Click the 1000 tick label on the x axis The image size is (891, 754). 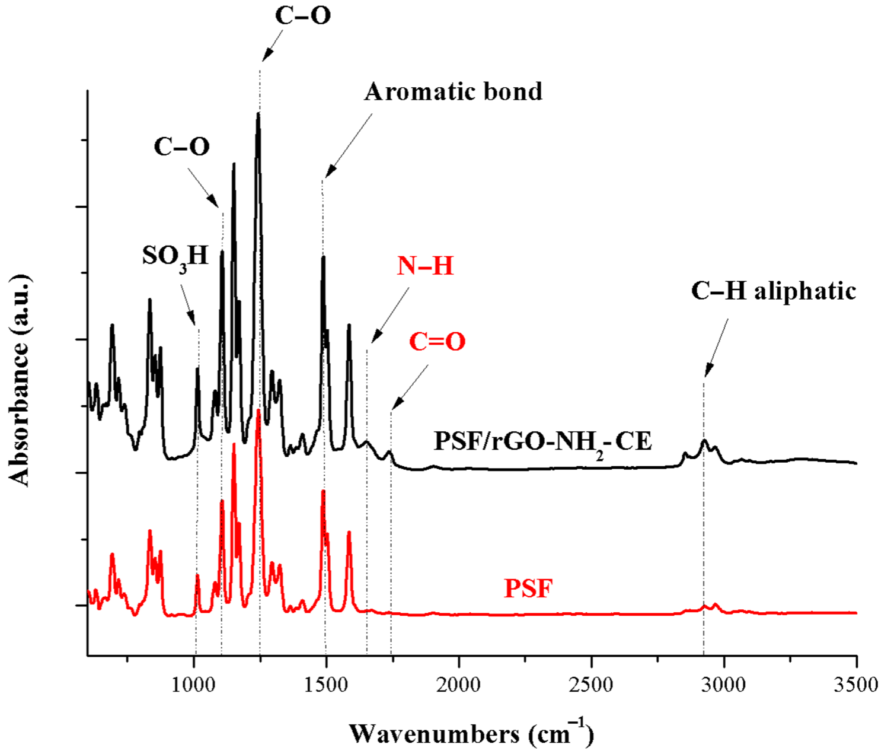(194, 685)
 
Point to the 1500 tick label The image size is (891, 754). (326, 685)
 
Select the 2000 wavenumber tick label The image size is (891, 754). (459, 685)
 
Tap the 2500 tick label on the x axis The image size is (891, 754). (591, 685)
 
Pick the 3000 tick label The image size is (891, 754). (724, 685)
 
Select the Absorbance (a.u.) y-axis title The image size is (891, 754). (20, 380)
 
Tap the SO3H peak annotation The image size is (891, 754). (175, 256)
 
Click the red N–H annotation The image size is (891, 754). (425, 266)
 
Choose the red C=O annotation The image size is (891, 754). (437, 342)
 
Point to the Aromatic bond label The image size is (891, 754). (454, 92)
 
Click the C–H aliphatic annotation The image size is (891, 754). (774, 291)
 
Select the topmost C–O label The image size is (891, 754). (303, 16)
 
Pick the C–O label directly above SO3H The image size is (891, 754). (182, 147)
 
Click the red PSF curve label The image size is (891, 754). (528, 588)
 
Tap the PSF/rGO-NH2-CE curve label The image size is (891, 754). (543, 441)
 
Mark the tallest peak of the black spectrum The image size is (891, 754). (258, 113)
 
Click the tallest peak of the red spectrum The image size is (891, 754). (258, 411)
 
